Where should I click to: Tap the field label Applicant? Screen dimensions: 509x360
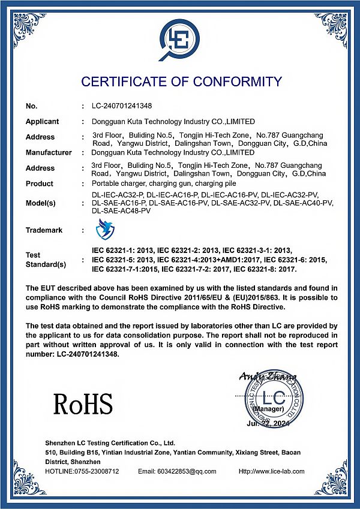[42, 122]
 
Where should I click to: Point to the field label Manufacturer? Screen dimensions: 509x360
[49, 153]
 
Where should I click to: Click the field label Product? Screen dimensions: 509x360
[40, 184]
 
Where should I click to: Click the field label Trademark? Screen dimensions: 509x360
[44, 230]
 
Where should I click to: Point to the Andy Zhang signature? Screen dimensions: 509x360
[267, 377]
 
